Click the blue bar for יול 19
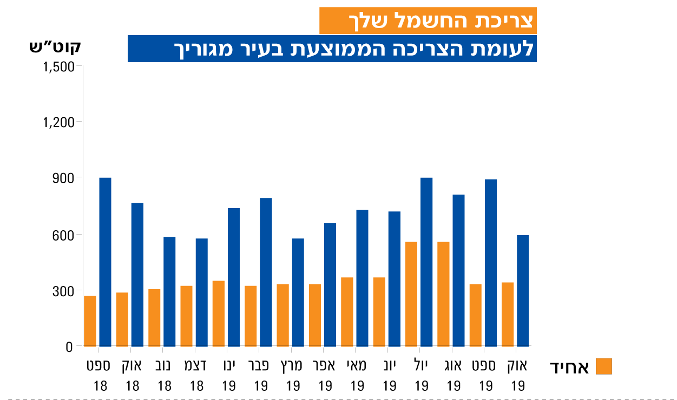426,262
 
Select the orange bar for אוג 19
443,294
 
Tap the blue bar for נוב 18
169,291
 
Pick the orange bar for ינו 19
219,314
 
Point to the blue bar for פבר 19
266,272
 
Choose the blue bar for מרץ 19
298,292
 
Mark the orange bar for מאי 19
347,312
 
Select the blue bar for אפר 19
330,285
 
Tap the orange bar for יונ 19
379,312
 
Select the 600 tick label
63,235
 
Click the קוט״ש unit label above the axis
55,46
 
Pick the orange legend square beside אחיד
603,366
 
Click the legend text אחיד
569,368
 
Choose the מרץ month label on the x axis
293,366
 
